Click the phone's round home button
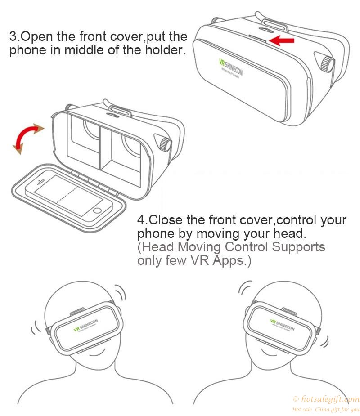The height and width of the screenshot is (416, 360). pyautogui.click(x=98, y=210)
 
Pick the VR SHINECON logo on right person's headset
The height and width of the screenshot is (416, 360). pyautogui.click(x=282, y=325)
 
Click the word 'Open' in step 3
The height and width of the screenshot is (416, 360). pyautogui.click(x=40, y=36)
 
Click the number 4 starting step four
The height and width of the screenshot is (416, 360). pyautogui.click(x=141, y=221)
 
